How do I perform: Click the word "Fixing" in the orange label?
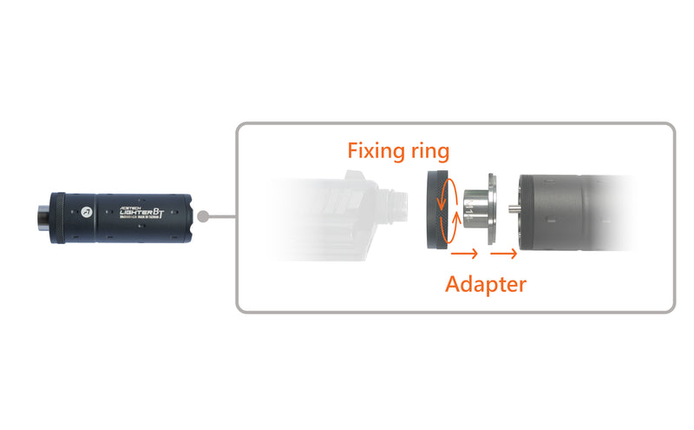point(377,151)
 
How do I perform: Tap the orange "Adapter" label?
point(485,284)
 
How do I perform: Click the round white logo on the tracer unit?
point(86,211)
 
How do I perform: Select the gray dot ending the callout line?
point(201,215)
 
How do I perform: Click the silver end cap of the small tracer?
point(42,215)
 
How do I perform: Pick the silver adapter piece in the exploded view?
point(473,211)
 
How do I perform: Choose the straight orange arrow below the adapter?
point(505,254)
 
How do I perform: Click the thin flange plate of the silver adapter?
point(492,211)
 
